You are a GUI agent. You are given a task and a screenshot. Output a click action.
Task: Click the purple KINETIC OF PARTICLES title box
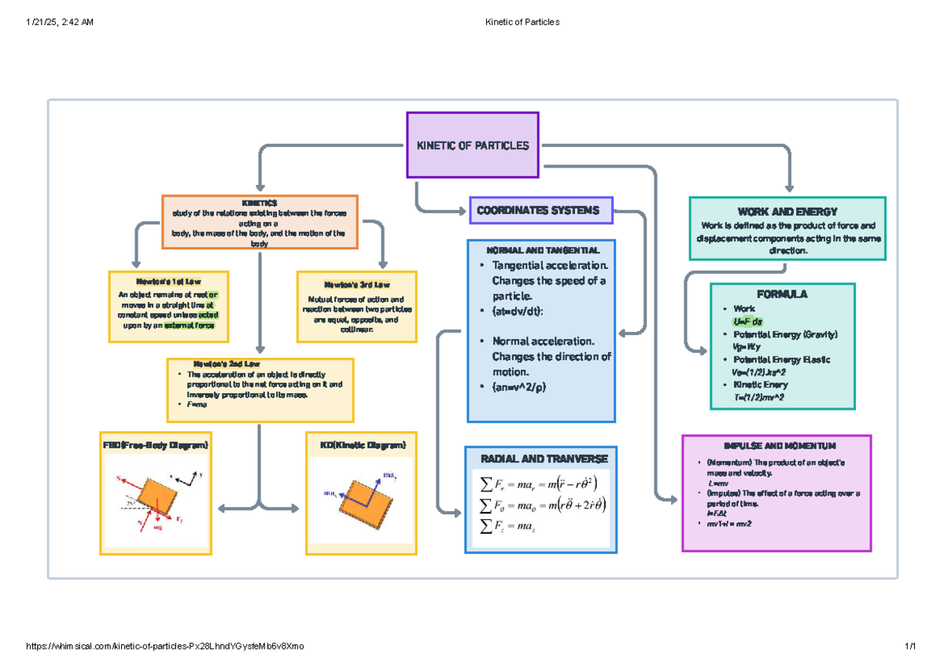point(472,146)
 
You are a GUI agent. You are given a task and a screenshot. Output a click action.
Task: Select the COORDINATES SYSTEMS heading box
point(540,210)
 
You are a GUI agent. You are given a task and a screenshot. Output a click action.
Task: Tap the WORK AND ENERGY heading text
point(787,212)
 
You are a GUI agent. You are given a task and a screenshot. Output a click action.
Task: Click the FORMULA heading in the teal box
point(782,294)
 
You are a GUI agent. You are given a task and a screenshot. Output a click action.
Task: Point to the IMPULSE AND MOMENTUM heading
point(775,445)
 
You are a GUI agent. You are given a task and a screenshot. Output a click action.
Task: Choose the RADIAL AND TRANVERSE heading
point(539,459)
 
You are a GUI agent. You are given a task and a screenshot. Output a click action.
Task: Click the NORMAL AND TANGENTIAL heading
point(539,249)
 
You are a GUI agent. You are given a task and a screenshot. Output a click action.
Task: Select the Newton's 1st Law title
point(168,281)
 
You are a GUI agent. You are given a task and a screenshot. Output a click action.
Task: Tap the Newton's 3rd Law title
point(356,284)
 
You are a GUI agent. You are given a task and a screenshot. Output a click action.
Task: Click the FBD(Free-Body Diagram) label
point(156,445)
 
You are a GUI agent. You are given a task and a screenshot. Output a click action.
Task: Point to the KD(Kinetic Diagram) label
point(363,445)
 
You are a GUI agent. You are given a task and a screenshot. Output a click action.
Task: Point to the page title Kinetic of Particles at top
point(523,22)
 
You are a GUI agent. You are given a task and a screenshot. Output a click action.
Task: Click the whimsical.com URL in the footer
point(164,646)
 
